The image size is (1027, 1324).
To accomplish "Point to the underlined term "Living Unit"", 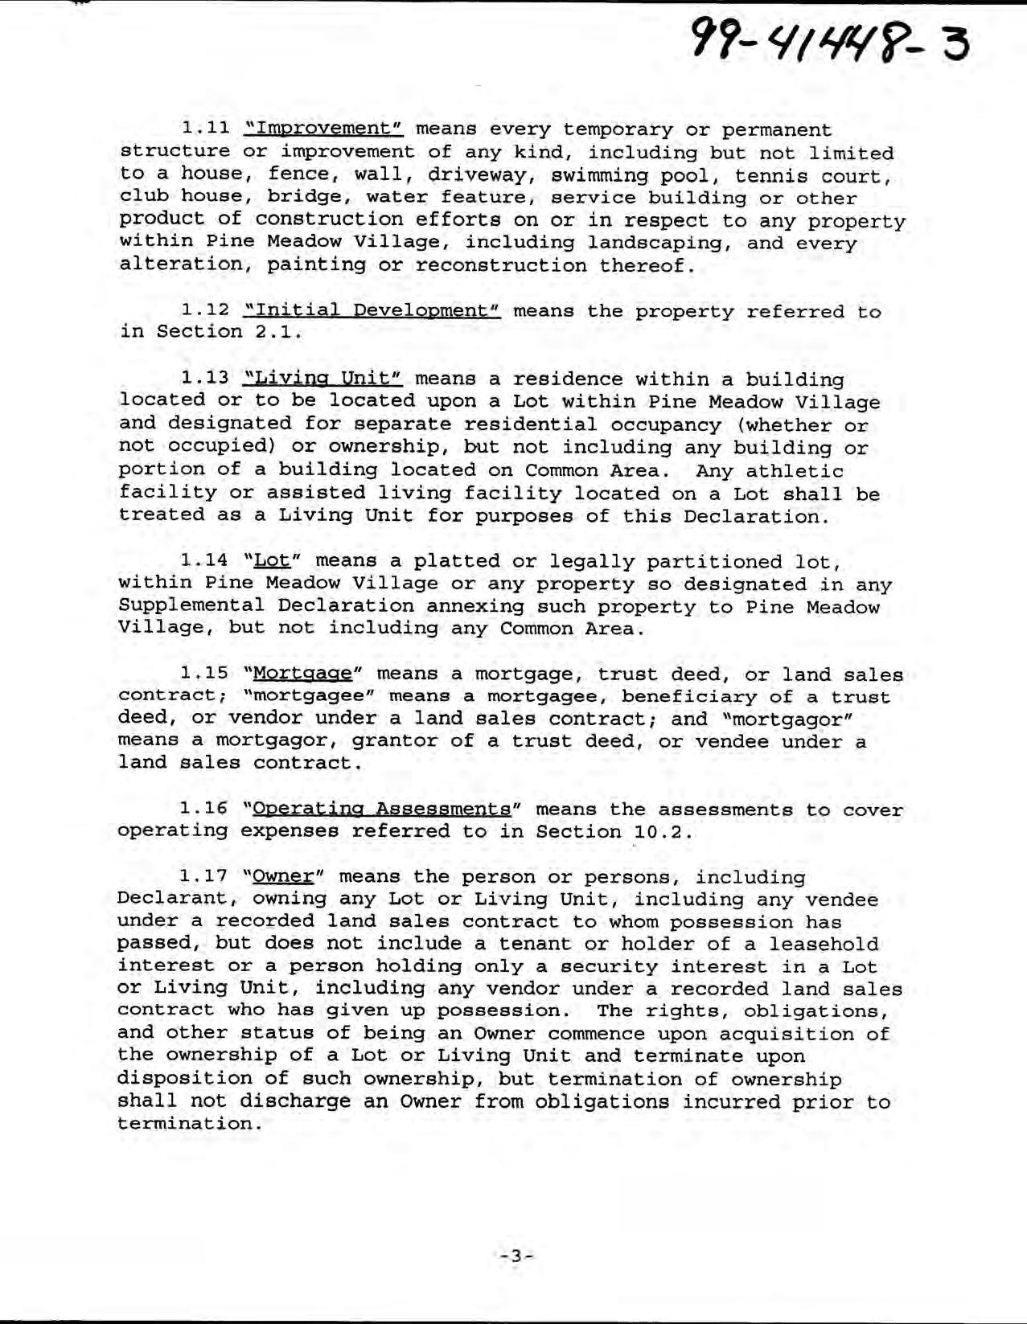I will [x=323, y=379].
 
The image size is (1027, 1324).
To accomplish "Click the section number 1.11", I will [x=207, y=129].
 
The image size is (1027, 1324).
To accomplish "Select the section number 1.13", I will [x=207, y=379].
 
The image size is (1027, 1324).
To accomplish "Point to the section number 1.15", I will [x=207, y=674].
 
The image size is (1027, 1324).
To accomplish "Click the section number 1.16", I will [x=207, y=809].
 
